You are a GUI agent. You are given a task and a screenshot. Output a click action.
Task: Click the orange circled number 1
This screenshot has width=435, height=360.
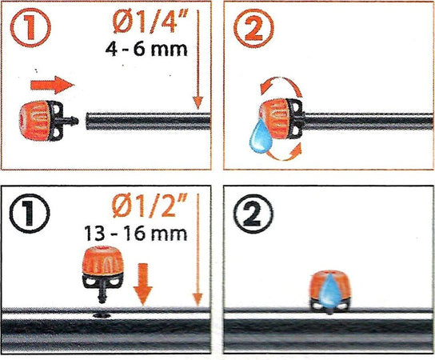[x=30, y=27]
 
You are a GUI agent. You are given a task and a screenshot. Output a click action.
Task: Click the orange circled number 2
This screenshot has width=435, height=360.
[x=253, y=28]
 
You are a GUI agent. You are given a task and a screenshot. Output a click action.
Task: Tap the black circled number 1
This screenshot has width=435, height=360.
[x=30, y=213]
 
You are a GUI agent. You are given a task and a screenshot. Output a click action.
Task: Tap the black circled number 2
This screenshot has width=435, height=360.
[x=253, y=214]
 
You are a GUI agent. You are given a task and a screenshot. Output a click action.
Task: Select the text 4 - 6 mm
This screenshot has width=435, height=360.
[x=146, y=50]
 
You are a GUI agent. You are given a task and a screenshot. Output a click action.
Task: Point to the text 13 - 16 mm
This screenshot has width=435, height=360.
[x=136, y=234]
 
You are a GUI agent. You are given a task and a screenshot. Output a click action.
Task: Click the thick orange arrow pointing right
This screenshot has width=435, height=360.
[x=52, y=85]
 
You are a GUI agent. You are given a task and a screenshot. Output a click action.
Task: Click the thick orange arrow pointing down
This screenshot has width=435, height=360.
[x=143, y=284]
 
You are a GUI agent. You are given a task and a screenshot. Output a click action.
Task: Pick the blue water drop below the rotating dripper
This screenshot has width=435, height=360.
[x=261, y=136]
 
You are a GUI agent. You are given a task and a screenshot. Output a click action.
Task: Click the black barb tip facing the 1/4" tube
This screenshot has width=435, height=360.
[x=74, y=121]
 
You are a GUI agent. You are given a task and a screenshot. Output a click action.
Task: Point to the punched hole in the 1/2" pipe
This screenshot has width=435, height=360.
[x=102, y=315]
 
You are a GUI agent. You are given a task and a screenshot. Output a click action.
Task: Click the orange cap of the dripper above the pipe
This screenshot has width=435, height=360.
[x=103, y=261]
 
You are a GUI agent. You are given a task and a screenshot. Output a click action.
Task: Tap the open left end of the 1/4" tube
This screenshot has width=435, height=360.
[x=88, y=121]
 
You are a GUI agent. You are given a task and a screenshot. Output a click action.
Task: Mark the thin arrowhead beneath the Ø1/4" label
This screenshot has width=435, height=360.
[x=198, y=102]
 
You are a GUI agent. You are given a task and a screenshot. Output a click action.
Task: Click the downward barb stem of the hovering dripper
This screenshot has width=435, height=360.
[x=103, y=293]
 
